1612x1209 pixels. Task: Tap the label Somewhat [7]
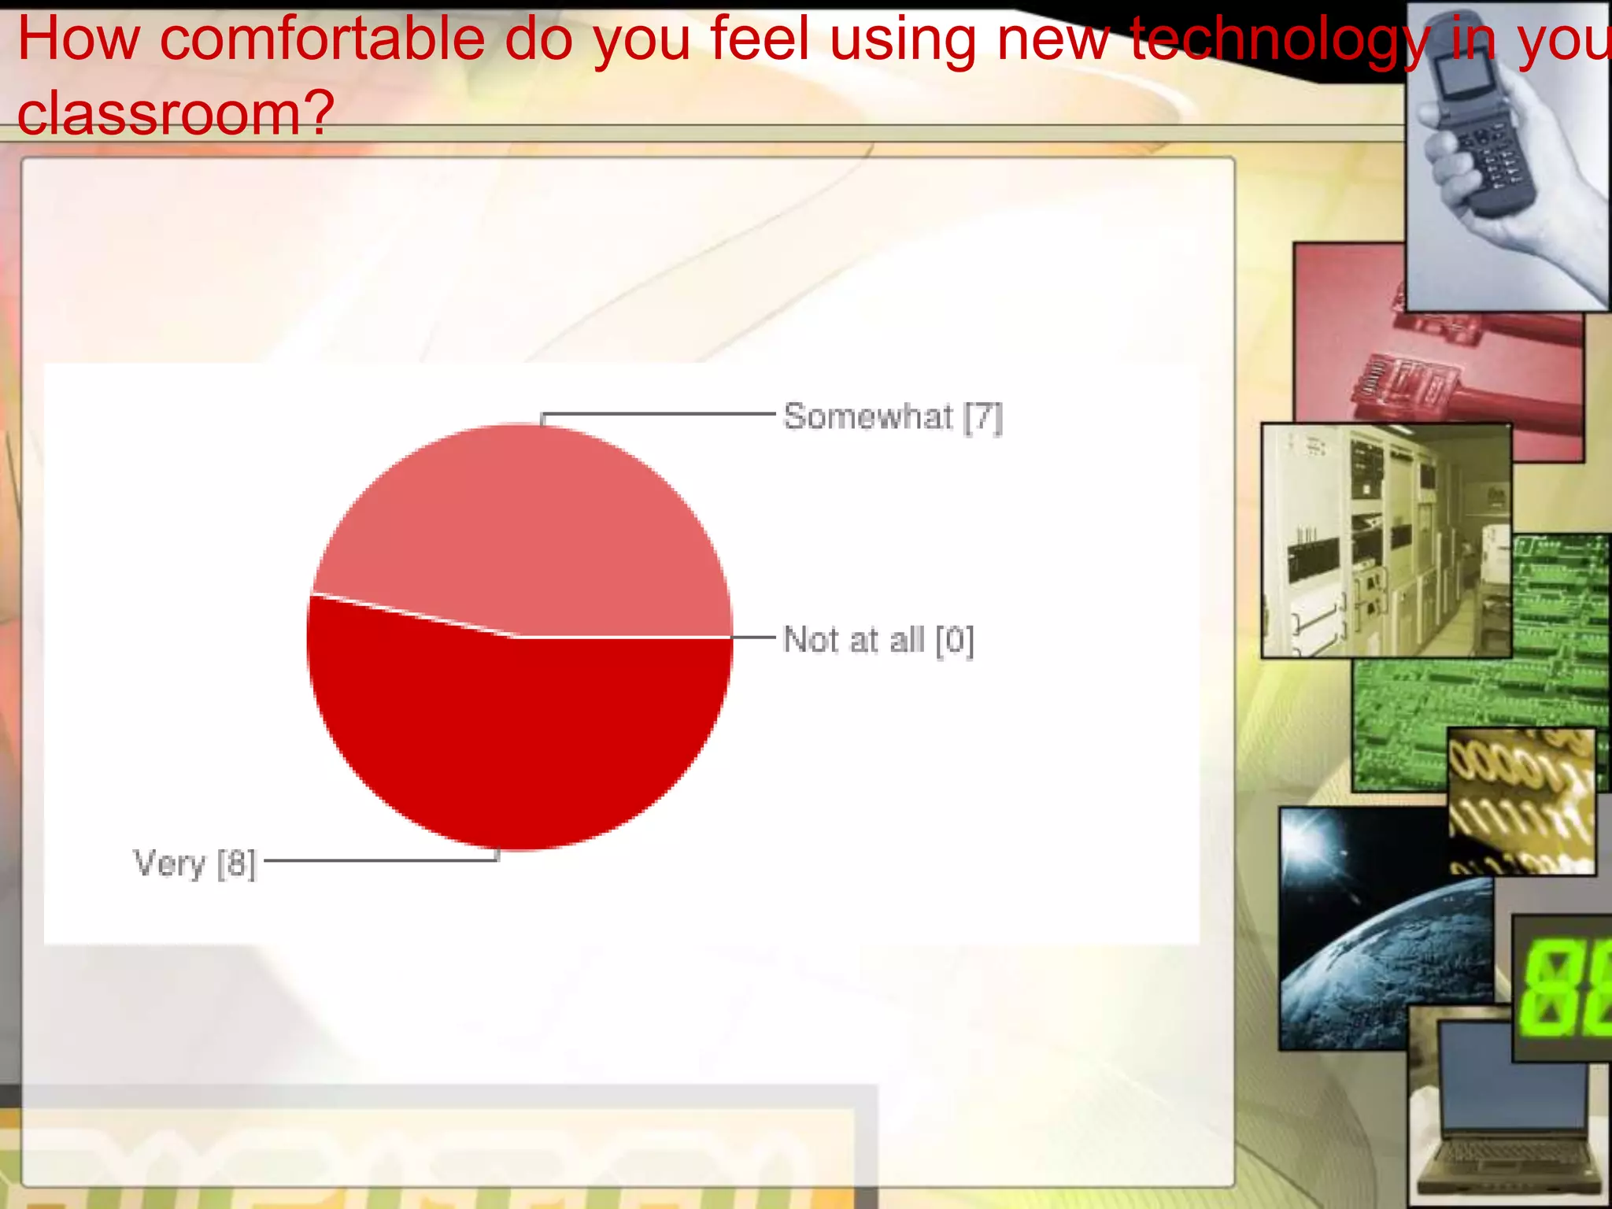[893, 416]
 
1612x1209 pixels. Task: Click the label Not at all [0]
[878, 640]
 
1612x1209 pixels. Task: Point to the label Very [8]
[194, 863]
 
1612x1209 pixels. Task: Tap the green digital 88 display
[1562, 988]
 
